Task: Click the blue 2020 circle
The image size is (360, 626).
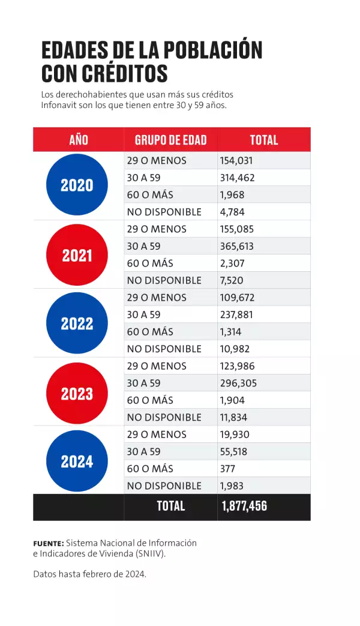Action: [77, 185]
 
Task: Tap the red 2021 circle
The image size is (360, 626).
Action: [77, 255]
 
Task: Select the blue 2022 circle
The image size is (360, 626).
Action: [77, 324]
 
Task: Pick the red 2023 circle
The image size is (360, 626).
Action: [77, 394]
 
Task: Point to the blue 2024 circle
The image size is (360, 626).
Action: [77, 462]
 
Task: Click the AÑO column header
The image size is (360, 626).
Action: [79, 140]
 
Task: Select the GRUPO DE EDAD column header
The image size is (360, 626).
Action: [170, 140]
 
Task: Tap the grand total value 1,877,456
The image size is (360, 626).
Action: [244, 506]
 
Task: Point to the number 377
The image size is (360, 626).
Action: [229, 469]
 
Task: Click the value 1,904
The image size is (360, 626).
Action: [233, 400]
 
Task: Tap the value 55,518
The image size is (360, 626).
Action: [235, 451]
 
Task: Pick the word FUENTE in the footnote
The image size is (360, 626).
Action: [48, 543]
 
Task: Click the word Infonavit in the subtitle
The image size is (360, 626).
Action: [59, 105]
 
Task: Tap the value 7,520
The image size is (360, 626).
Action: [233, 280]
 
